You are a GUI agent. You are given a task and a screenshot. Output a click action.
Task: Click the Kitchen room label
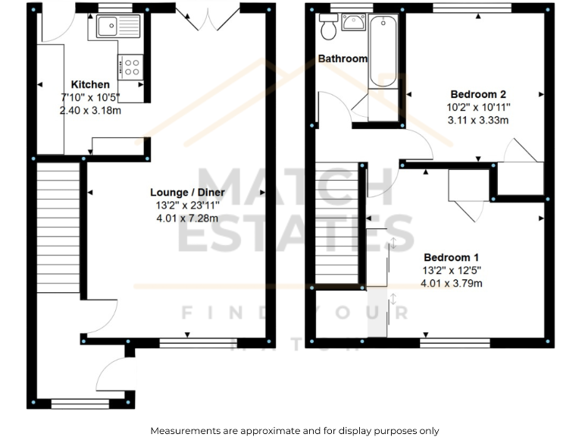[90, 84]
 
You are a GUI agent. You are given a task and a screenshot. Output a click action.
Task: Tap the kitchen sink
[118, 27]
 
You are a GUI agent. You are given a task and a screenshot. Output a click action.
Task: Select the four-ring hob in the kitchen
[131, 67]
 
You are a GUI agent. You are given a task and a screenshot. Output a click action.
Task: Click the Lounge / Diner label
[177, 193]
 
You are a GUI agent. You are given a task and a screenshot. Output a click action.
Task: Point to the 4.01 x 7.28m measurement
[177, 218]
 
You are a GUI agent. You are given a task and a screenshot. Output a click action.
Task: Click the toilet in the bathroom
[329, 28]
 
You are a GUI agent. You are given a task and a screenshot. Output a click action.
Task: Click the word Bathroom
[343, 58]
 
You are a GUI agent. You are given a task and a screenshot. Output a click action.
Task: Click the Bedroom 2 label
[476, 94]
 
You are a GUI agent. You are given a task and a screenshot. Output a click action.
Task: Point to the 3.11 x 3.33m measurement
[476, 120]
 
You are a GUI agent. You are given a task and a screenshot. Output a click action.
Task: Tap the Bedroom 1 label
[451, 257]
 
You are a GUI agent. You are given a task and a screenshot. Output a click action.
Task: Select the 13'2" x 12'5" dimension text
[451, 270]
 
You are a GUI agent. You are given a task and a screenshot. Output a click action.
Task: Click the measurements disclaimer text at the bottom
[294, 430]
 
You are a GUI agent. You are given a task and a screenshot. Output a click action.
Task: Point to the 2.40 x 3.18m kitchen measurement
[90, 110]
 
